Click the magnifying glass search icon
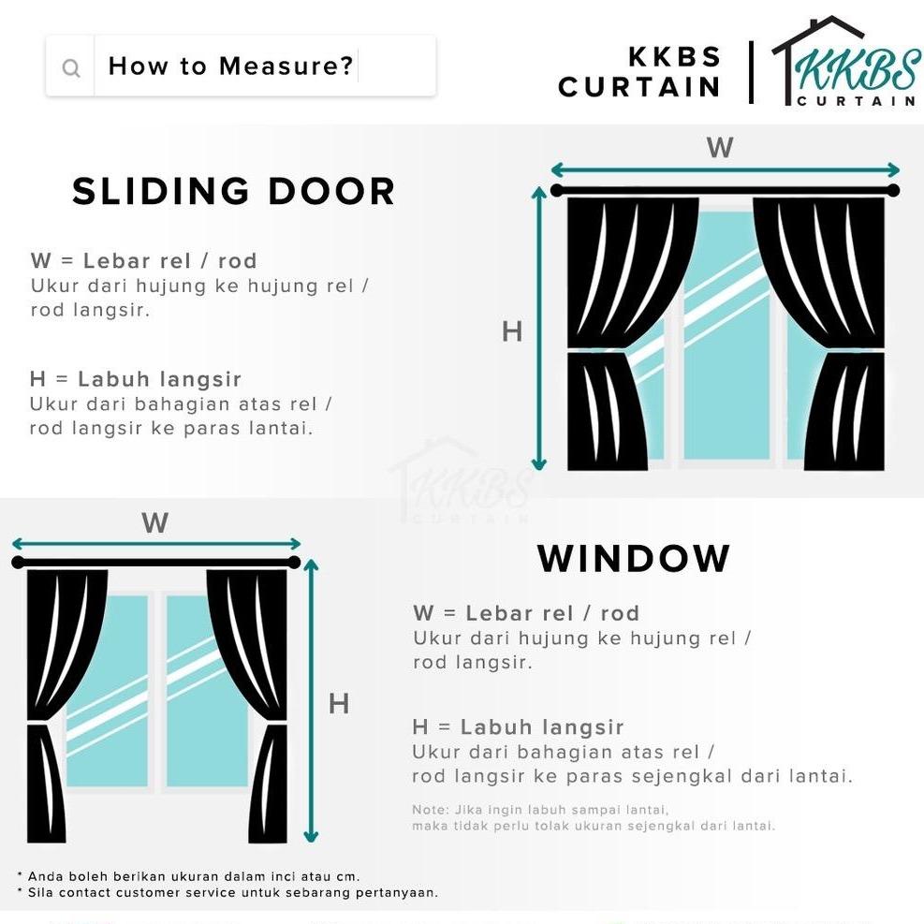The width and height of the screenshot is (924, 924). [x=71, y=67]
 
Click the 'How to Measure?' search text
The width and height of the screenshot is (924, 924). [x=230, y=66]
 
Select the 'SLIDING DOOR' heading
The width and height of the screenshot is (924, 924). [x=233, y=192]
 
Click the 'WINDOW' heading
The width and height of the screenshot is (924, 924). [x=634, y=559]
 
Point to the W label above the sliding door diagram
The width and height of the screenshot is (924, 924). [x=719, y=148]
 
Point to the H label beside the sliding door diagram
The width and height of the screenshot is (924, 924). [x=512, y=331]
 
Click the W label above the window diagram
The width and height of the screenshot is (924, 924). [x=154, y=523]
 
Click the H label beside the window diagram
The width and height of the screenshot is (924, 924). [x=338, y=704]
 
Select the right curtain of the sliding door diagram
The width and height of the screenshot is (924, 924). [x=833, y=328]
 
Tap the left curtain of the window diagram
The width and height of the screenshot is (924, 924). [x=58, y=702]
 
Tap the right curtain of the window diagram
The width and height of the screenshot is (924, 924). [x=253, y=702]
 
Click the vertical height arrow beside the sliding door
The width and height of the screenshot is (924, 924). [x=538, y=328]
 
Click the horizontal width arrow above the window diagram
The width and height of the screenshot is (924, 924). [x=155, y=544]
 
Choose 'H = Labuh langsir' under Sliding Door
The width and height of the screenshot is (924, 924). [x=136, y=379]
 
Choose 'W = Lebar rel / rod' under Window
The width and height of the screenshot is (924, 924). [x=526, y=614]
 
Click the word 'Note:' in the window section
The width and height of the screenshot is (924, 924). [x=428, y=810]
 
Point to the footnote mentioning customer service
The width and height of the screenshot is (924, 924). [x=227, y=893]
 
